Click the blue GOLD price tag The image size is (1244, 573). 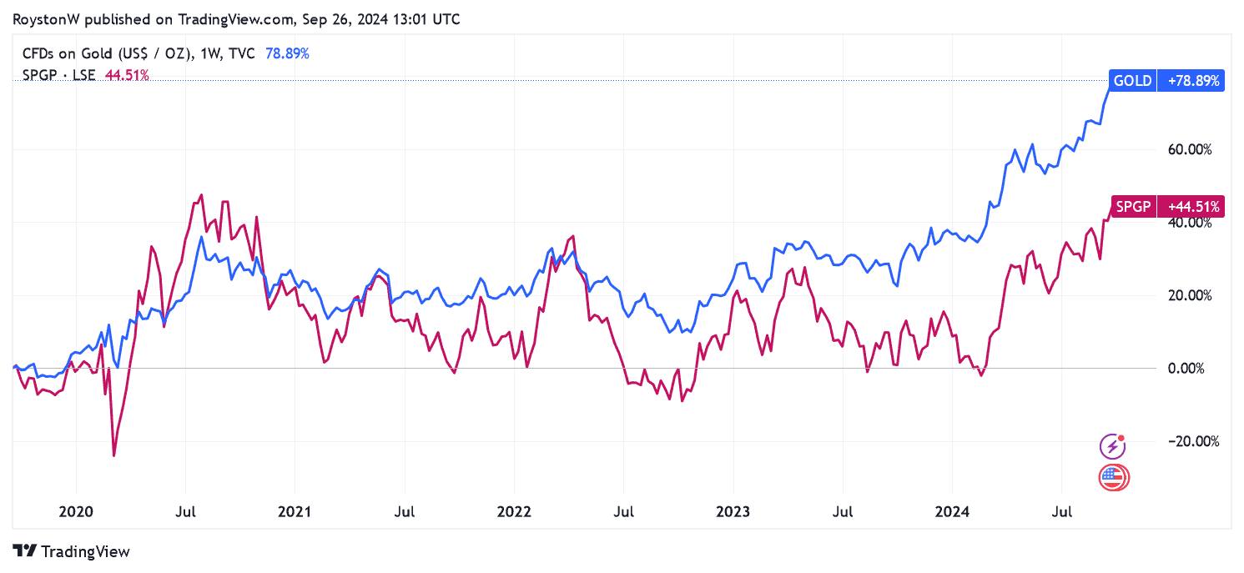(x=1132, y=81)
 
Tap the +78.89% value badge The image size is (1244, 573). (x=1191, y=81)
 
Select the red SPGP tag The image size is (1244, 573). (x=1132, y=206)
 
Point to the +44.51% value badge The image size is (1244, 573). (x=1191, y=206)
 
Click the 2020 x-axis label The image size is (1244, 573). (x=76, y=510)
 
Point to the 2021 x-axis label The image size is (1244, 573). (x=295, y=510)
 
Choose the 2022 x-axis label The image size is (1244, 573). (x=514, y=510)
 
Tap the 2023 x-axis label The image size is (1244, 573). (x=733, y=510)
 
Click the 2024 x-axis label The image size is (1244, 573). (x=952, y=510)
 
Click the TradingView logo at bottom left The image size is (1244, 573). (x=73, y=551)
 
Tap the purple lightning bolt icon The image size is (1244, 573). (x=1112, y=447)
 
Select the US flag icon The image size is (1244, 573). (x=1112, y=477)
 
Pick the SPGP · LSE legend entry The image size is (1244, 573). (x=59, y=75)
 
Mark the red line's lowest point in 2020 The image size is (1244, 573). (x=114, y=455)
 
